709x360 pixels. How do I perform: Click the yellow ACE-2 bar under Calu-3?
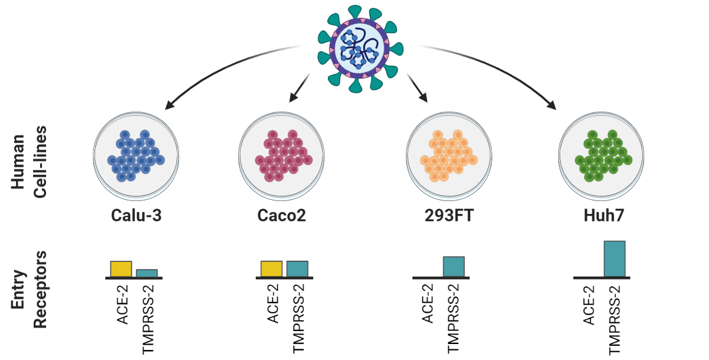pos(121,268)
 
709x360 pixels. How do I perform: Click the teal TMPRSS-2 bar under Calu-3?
pos(147,273)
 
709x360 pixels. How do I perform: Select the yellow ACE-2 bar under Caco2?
pos(272,268)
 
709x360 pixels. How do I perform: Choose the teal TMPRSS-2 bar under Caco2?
pos(297,268)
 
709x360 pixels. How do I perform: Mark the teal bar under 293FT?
pos(454,267)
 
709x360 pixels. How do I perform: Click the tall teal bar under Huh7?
pos(614,259)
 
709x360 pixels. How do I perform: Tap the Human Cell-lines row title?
pos(27,160)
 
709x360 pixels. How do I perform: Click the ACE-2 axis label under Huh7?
pos(588,304)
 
